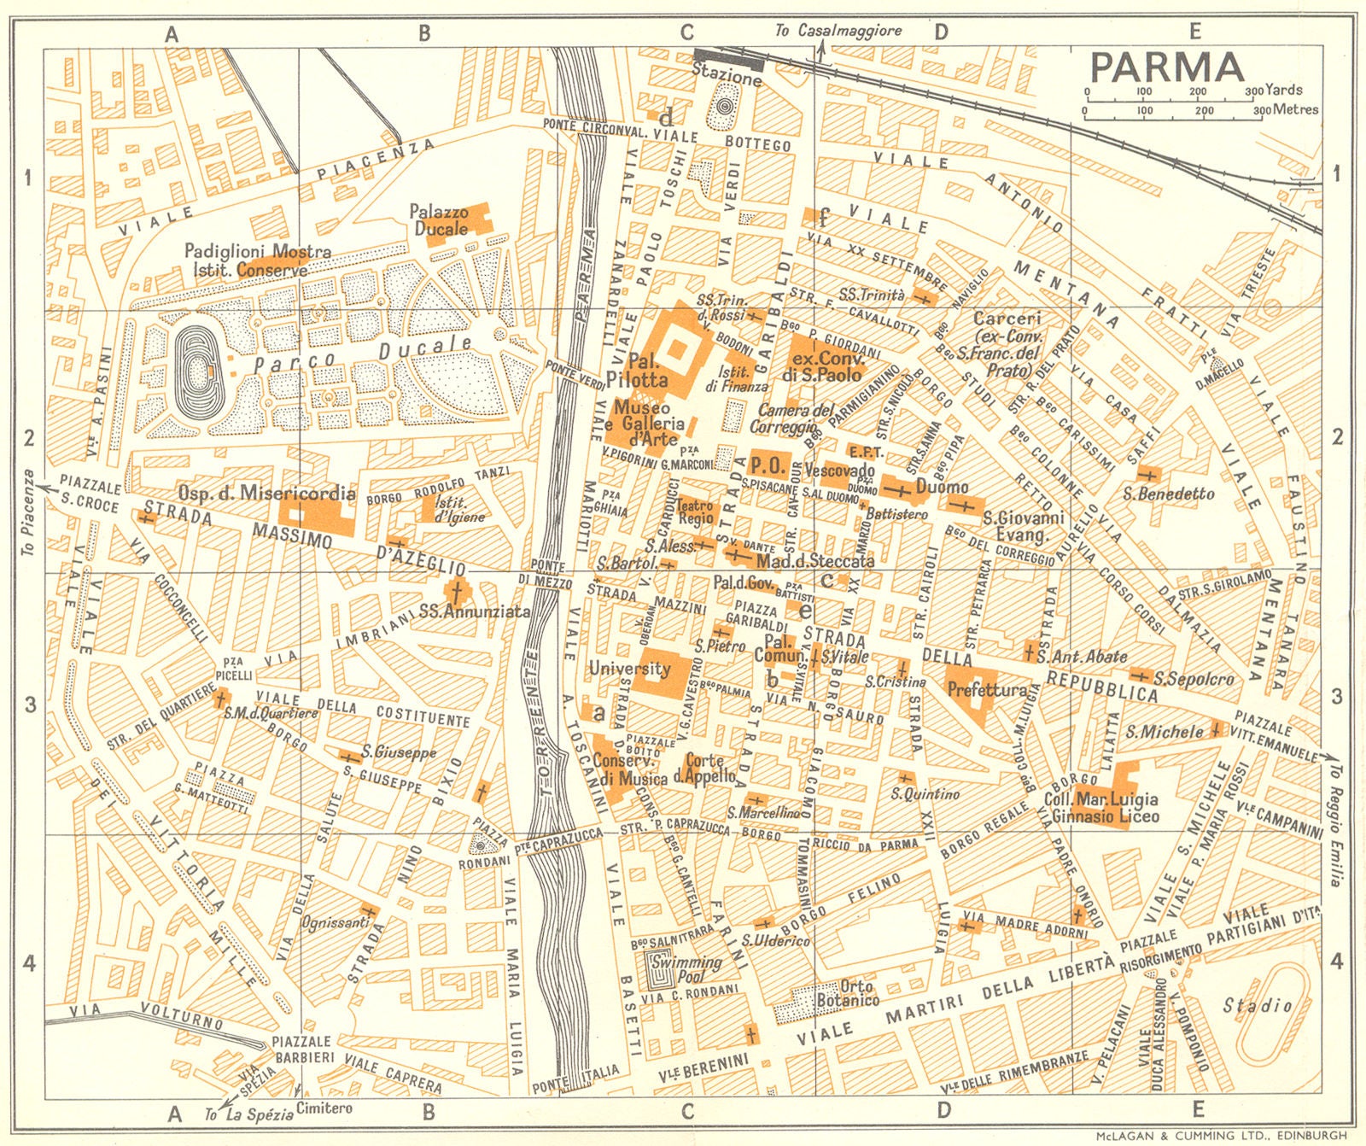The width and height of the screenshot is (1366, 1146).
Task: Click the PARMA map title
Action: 1166,67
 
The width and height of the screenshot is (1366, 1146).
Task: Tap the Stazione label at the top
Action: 727,77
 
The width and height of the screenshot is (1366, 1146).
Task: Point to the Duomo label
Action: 943,487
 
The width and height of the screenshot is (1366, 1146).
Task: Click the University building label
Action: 630,669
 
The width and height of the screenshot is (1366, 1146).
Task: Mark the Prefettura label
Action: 988,689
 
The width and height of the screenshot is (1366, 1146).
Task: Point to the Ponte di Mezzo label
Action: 548,573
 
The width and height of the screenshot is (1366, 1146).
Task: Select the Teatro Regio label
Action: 694,512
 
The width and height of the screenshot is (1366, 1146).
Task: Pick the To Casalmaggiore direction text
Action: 838,31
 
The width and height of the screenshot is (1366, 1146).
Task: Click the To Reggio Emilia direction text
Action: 1334,824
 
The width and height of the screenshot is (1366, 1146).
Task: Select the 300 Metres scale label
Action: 1286,109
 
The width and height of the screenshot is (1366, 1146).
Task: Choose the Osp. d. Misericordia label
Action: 266,493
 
